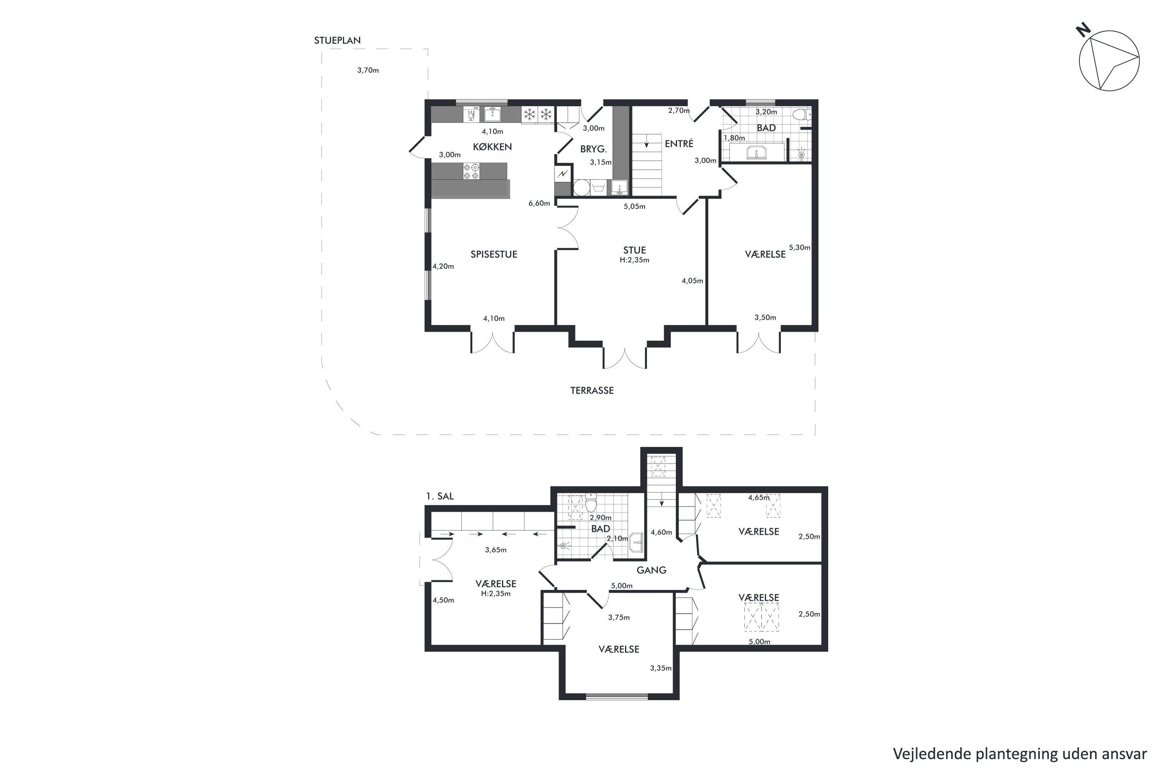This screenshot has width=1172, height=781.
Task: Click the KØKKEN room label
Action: point(492,147)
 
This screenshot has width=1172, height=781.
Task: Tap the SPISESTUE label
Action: point(494,255)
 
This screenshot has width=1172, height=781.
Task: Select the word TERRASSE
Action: point(592,390)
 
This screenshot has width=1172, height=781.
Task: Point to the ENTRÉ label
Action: point(679,143)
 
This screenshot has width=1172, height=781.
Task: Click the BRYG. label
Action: point(593,149)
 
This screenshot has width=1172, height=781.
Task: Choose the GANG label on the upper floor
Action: point(651,570)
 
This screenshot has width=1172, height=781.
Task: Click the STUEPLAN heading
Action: point(338,40)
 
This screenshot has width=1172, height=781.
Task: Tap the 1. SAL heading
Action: point(440,496)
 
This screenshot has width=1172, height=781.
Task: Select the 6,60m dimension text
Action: point(539,203)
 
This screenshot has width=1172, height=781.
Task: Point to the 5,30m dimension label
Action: point(799,248)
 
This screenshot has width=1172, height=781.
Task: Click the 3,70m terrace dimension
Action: point(368,70)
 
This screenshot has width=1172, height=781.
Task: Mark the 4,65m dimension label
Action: point(759,497)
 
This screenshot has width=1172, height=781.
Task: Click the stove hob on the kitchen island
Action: point(472,171)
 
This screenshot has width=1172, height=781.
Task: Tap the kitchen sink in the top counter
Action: point(492,114)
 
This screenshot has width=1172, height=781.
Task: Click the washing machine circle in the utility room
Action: point(582,188)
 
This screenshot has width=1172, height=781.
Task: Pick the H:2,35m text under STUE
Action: point(634,260)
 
